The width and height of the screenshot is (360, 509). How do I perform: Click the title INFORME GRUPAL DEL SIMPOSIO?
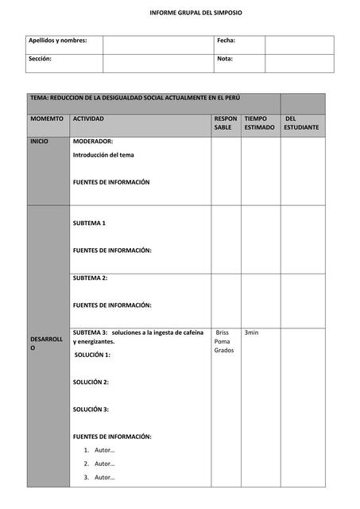point(196,14)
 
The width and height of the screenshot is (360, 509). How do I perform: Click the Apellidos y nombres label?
point(58,40)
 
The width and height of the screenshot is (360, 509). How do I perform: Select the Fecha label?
point(226,40)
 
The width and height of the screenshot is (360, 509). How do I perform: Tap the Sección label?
point(41,59)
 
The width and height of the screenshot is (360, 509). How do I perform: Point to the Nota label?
point(225,59)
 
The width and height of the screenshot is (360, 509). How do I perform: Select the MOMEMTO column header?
point(47,119)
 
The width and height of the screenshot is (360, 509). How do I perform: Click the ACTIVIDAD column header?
point(88,119)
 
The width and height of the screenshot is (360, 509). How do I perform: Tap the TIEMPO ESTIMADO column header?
point(259,122)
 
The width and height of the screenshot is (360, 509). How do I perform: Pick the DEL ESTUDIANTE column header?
point(301,122)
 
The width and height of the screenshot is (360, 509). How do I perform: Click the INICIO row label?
point(39,141)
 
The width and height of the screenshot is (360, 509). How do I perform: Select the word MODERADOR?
point(92,141)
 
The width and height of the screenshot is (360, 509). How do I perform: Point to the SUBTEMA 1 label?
point(89,223)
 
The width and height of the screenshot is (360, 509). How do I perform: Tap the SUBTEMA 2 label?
point(90,278)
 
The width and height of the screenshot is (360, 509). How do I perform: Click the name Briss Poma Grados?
point(223,341)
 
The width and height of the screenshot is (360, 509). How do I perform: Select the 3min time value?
point(251,332)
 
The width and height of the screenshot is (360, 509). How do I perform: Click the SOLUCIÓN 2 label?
point(91,382)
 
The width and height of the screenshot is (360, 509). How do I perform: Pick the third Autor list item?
point(104,477)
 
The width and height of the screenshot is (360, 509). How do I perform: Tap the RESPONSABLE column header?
point(225,122)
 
